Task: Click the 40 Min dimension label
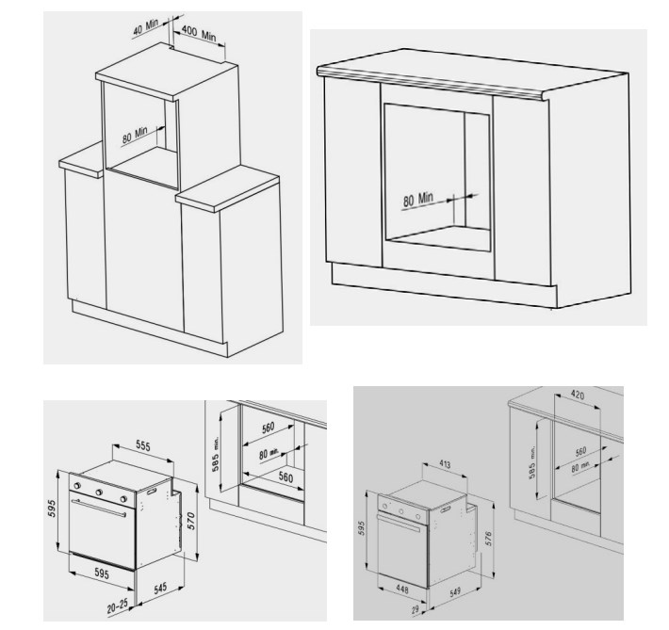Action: (x=145, y=27)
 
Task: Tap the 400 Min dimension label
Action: (x=199, y=33)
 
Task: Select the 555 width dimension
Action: (x=143, y=445)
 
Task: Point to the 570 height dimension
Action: (x=190, y=521)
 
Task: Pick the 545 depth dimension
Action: (x=160, y=589)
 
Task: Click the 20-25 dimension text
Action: (x=118, y=606)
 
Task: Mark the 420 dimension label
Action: (x=578, y=395)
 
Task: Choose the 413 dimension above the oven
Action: (x=445, y=463)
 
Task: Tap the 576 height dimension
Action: (x=488, y=539)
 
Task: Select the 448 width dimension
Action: (x=402, y=590)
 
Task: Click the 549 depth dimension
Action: (x=455, y=592)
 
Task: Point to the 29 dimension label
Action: (x=416, y=610)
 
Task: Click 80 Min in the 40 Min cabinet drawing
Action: (x=135, y=135)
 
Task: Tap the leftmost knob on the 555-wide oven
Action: (x=77, y=486)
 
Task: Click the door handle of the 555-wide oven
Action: (x=99, y=508)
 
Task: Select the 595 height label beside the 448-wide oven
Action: (x=362, y=528)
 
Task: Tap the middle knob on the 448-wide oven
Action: (x=401, y=511)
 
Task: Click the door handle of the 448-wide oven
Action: (x=399, y=524)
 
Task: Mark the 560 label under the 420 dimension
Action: (x=581, y=451)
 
